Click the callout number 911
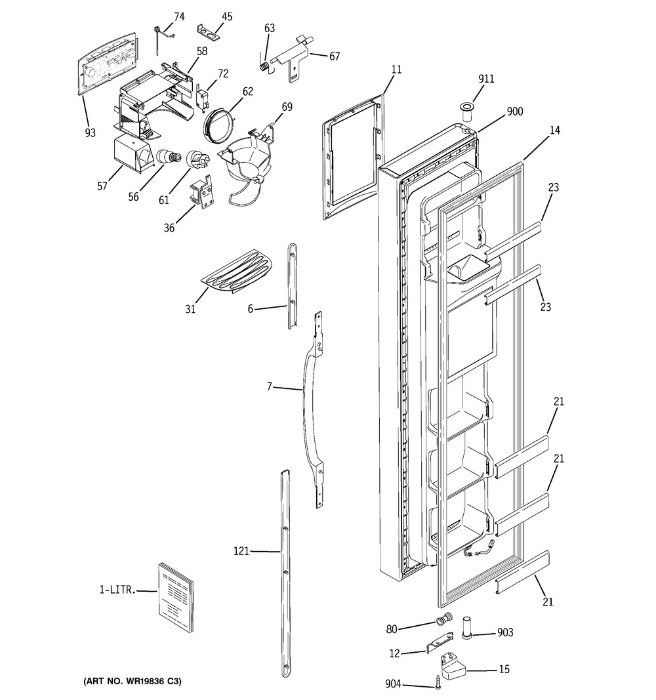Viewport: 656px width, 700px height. [486, 79]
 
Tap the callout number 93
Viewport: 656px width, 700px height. [90, 133]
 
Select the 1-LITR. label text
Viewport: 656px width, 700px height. [117, 590]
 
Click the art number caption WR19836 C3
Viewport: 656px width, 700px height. [133, 681]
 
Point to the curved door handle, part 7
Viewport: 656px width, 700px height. [314, 410]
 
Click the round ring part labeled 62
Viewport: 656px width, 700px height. [218, 127]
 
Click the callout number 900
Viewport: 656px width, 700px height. [514, 111]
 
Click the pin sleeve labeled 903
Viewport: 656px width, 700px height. [466, 628]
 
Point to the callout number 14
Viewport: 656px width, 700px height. [555, 130]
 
